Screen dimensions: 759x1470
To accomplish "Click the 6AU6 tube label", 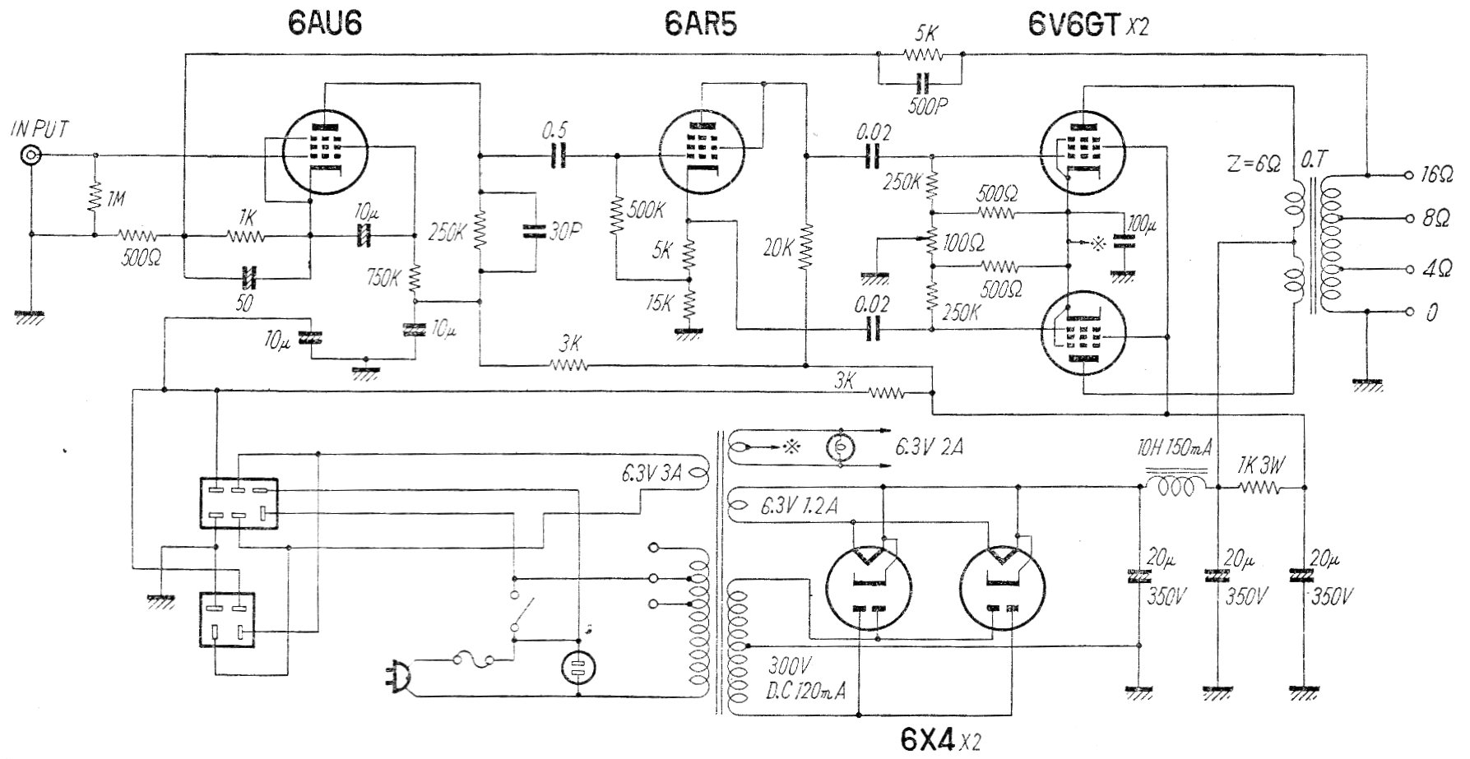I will pyautogui.click(x=325, y=24).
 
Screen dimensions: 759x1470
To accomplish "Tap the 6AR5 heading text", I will pyautogui.click(x=701, y=24).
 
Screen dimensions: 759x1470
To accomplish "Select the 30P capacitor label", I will pyautogui.click(x=563, y=234).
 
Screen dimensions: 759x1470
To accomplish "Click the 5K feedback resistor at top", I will pyautogui.click(x=920, y=54).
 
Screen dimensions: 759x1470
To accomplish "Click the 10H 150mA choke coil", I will pyautogui.click(x=1176, y=488).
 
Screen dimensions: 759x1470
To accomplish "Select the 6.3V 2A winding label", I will pyautogui.click(x=929, y=447).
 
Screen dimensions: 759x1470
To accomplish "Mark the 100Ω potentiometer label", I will pyautogui.click(x=965, y=243).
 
